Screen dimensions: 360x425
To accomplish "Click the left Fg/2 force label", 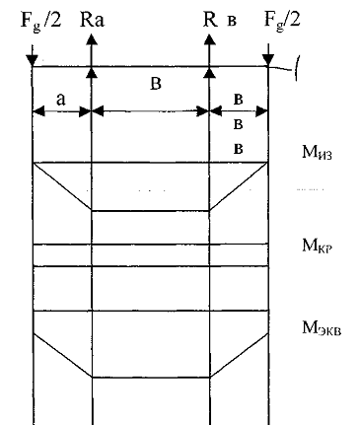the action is pos(40,21).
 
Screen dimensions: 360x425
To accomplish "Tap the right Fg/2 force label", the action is pos(282,21).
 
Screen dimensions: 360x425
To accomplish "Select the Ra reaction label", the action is pos(92,20).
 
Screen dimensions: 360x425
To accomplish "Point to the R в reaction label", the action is pos(220,20).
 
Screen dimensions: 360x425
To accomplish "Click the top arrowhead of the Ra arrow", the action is pos(92,39).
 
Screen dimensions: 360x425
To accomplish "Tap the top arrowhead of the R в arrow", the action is pos(209,39).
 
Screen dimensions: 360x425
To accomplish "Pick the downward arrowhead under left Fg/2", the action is pos(33,60).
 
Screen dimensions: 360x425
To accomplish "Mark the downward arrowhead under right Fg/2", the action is pos(268,60).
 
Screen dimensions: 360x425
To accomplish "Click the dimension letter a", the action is pos(61,100).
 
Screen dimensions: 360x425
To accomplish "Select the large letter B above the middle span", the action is pos(156,84).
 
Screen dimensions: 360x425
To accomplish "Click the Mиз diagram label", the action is pos(317,153).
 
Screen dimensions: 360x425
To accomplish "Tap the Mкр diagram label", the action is pos(317,246).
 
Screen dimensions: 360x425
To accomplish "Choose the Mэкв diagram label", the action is pos(322,327).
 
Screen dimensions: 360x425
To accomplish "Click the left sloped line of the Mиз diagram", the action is pos(62,186).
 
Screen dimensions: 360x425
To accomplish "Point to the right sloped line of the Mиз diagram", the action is pos(239,186).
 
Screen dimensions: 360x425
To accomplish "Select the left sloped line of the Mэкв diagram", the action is pos(62,355).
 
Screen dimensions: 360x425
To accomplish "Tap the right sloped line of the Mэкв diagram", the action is pos(240,355).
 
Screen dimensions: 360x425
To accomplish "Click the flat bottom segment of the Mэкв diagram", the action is pos(151,378).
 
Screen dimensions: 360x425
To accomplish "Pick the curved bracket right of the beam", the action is pos(297,68).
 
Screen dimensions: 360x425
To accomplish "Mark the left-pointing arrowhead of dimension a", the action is pos(38,111).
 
